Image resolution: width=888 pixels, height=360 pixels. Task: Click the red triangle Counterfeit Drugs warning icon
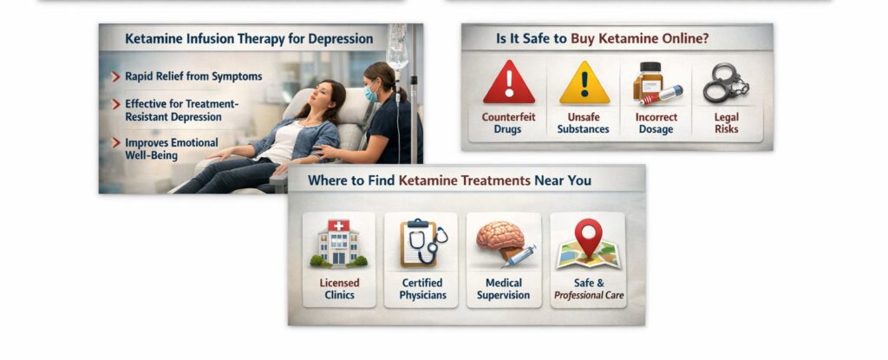coord(509,83)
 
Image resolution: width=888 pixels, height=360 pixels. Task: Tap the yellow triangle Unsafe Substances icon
coord(584,83)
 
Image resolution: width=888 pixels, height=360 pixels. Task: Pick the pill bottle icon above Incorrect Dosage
coord(655,83)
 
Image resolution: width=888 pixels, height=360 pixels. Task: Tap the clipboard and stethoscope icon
coord(422,243)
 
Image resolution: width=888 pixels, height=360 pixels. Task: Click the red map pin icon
coord(588,238)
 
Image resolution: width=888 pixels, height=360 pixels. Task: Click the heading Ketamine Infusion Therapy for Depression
coord(249,39)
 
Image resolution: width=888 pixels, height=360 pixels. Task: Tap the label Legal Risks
coord(726,123)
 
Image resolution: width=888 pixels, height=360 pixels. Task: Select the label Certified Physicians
coord(422,289)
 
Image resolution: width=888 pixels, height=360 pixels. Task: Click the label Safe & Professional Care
coord(589,289)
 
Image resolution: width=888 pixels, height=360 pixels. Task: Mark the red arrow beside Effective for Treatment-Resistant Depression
coord(116,103)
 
